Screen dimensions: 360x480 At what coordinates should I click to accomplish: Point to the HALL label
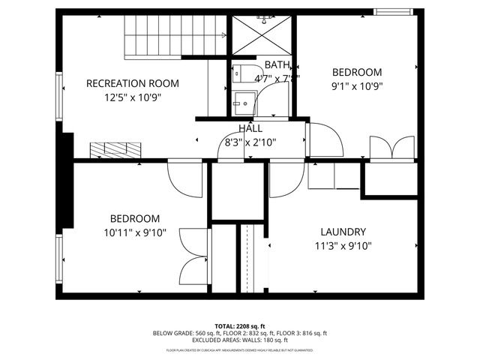(x=250, y=129)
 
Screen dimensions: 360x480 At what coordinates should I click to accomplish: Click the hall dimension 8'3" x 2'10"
(x=250, y=142)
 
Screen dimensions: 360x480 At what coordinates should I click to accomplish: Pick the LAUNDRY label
(x=343, y=232)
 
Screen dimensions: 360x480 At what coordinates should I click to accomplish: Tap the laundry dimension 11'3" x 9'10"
(x=343, y=245)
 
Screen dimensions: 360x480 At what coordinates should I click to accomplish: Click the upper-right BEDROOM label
(x=357, y=73)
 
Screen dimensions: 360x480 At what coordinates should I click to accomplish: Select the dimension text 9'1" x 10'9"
(x=357, y=86)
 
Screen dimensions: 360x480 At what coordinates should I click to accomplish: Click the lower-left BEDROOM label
(x=135, y=218)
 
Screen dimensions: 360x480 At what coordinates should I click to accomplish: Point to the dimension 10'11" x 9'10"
(x=135, y=232)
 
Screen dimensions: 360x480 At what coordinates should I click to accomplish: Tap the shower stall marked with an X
(x=263, y=34)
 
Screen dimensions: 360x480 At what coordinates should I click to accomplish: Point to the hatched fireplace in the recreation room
(x=115, y=150)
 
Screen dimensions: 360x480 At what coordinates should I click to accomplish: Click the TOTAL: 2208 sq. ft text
(x=240, y=326)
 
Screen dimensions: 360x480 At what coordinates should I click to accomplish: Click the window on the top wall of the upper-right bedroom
(x=394, y=12)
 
